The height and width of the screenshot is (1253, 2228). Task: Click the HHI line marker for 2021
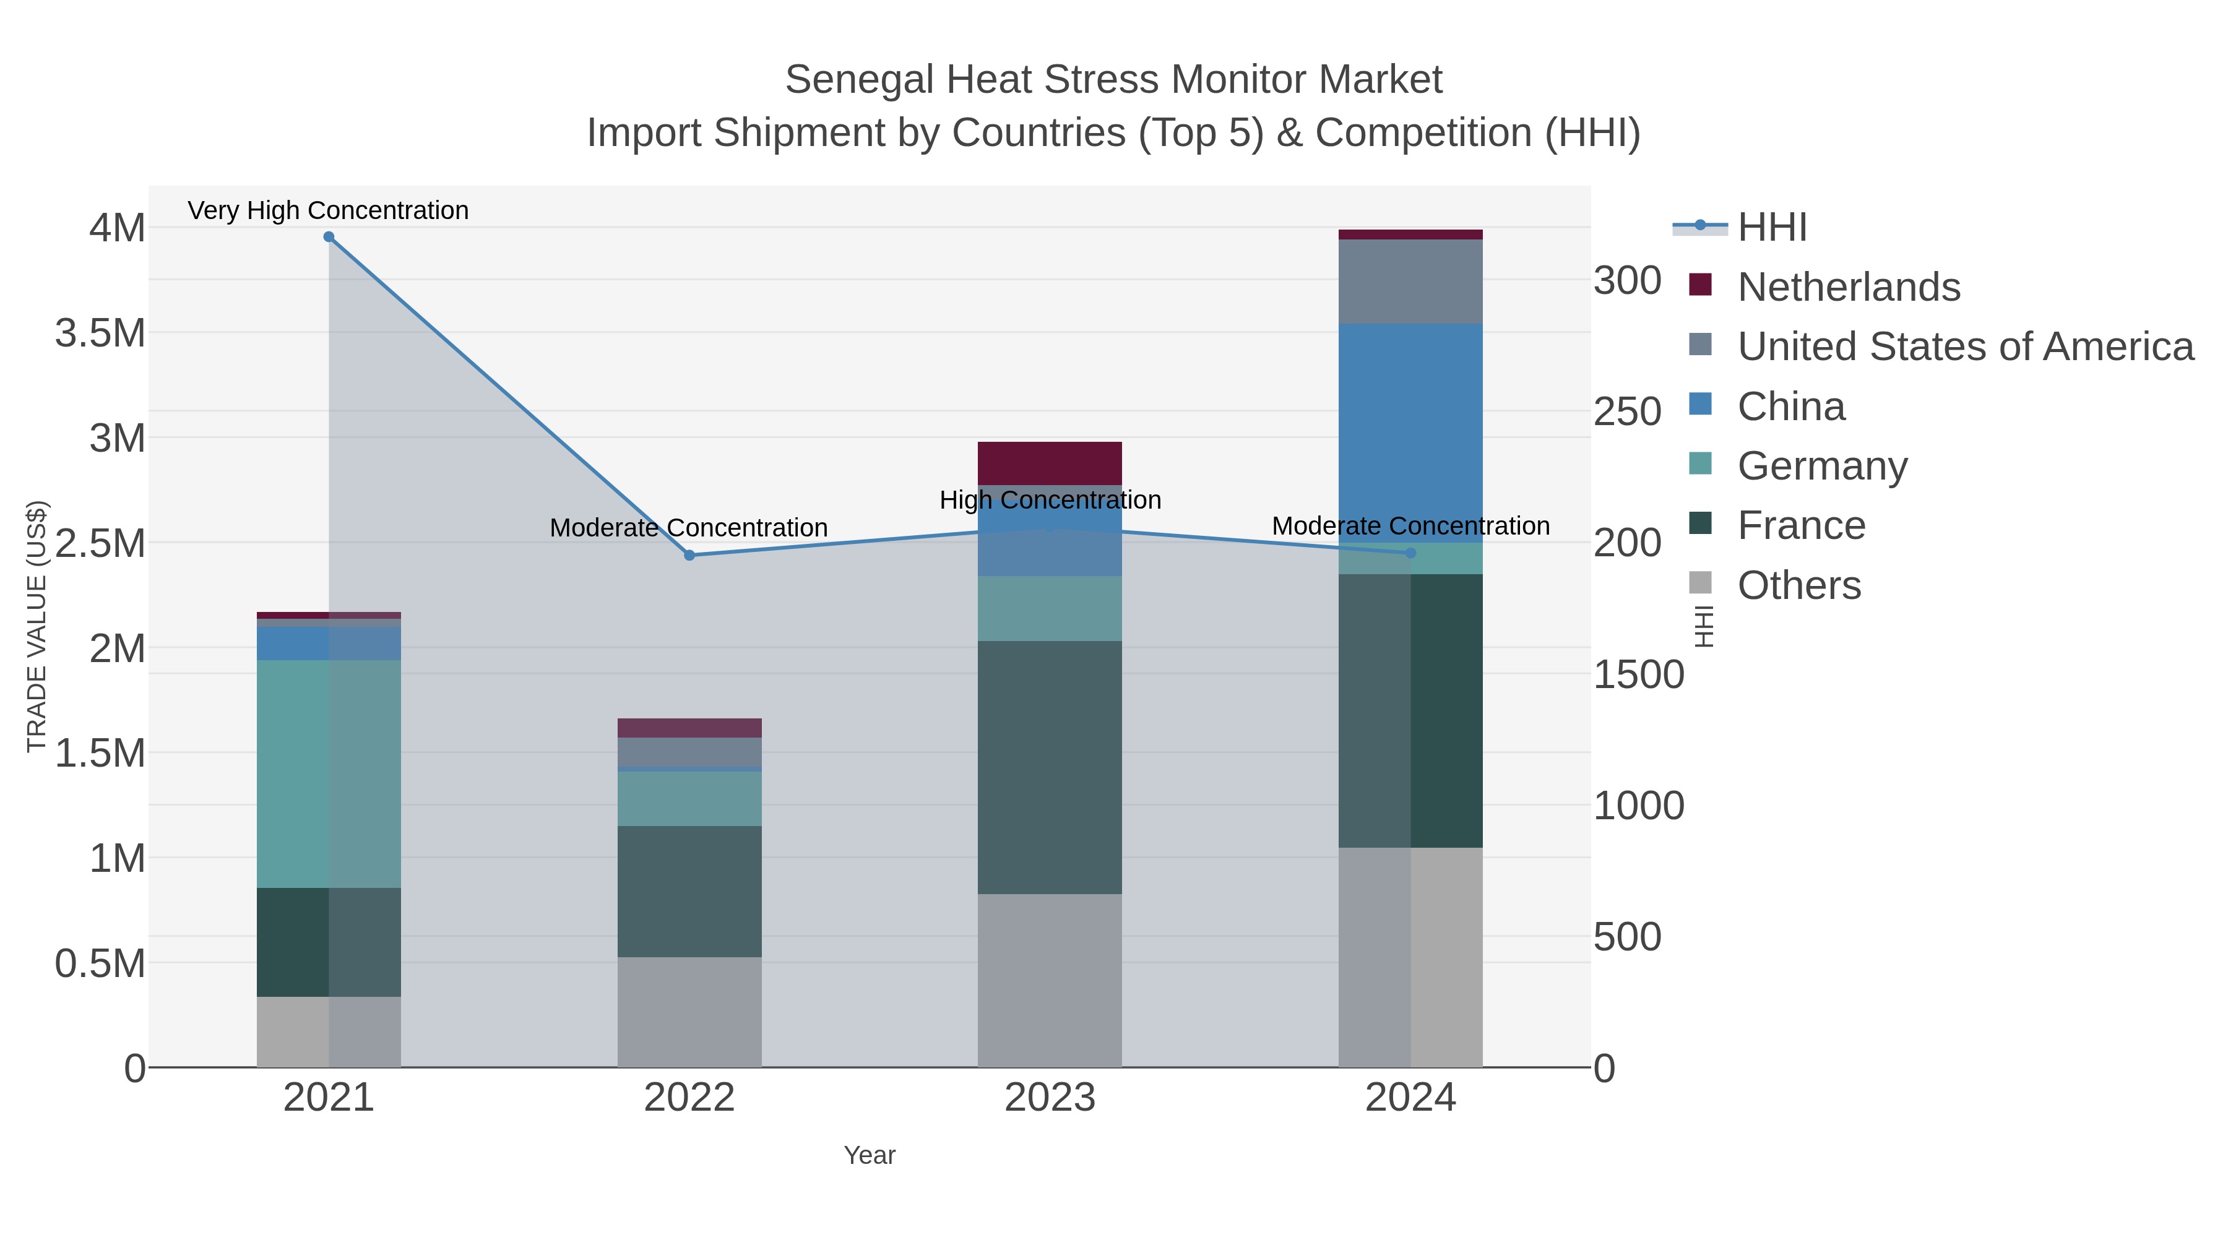(329, 237)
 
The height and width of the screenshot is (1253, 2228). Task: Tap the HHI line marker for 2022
(689, 555)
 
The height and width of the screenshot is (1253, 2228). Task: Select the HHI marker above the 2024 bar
(1410, 553)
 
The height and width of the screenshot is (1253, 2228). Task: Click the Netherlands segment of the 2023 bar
(1049, 463)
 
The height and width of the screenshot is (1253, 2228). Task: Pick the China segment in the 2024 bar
(1410, 433)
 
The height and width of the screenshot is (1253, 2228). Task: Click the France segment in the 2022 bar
(689, 890)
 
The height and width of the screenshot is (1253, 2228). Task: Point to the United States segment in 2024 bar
(1410, 281)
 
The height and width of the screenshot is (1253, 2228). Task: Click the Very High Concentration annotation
(329, 210)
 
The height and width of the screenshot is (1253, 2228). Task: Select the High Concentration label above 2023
(1050, 500)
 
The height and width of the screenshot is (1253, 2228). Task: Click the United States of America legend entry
(1964, 347)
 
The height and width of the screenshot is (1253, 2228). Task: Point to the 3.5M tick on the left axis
(100, 333)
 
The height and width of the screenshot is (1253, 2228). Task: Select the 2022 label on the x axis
(689, 1098)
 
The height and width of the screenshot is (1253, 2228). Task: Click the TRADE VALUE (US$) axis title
(37, 626)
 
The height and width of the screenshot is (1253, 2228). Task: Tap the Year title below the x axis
(870, 1155)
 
